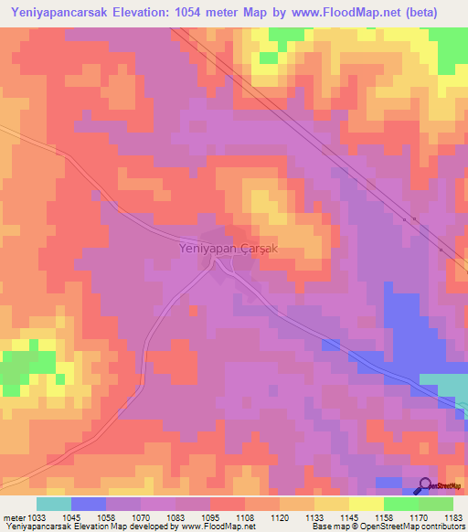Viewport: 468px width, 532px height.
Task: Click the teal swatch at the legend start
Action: pyautogui.click(x=54, y=504)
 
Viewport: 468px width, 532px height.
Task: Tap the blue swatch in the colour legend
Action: pyautogui.click(x=89, y=504)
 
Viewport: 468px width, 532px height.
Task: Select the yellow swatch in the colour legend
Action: pyautogui.click(x=366, y=504)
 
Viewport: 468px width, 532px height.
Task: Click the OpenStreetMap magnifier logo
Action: pyautogui.click(x=426, y=486)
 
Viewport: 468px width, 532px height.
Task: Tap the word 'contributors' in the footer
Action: pyautogui.click(x=446, y=527)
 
